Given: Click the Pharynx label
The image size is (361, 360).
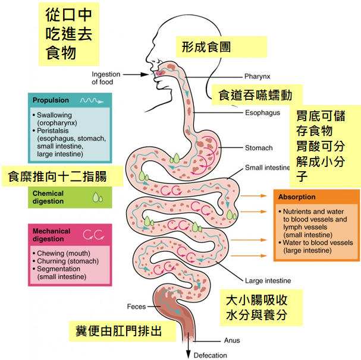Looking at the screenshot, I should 257,77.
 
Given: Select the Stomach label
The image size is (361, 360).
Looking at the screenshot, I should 259,148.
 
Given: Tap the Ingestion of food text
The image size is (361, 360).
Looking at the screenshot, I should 105,78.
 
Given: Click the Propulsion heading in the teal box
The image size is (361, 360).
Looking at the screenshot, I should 51,100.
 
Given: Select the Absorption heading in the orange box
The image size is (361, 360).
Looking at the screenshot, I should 298,197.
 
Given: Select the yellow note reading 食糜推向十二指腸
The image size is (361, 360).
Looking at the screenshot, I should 62,176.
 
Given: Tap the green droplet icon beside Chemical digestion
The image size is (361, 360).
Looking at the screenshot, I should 98,197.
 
